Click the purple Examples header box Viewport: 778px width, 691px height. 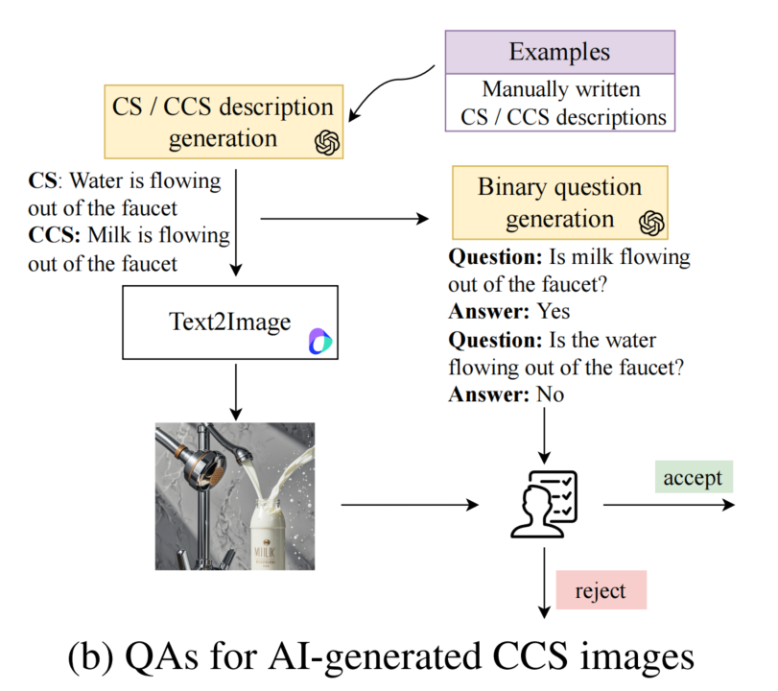[560, 52]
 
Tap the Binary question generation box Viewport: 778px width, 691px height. [559, 203]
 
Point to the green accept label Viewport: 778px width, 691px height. [692, 477]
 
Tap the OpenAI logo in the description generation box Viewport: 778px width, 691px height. [328, 143]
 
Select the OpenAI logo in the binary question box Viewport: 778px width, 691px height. [652, 223]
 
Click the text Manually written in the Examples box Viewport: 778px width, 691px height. [560, 91]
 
